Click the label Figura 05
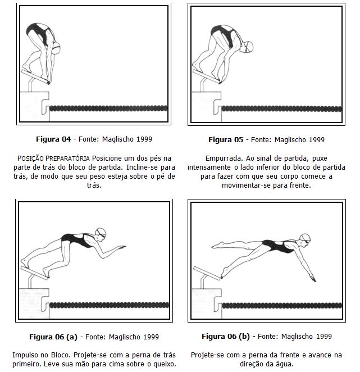point(226,139)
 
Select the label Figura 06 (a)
point(53,337)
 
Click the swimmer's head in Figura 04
point(56,49)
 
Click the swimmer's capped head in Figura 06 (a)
point(100,233)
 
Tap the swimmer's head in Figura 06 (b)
point(304,239)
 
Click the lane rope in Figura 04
point(109,107)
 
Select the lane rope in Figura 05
point(281,108)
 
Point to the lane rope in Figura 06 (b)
point(281,305)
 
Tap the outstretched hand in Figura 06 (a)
point(122,246)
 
